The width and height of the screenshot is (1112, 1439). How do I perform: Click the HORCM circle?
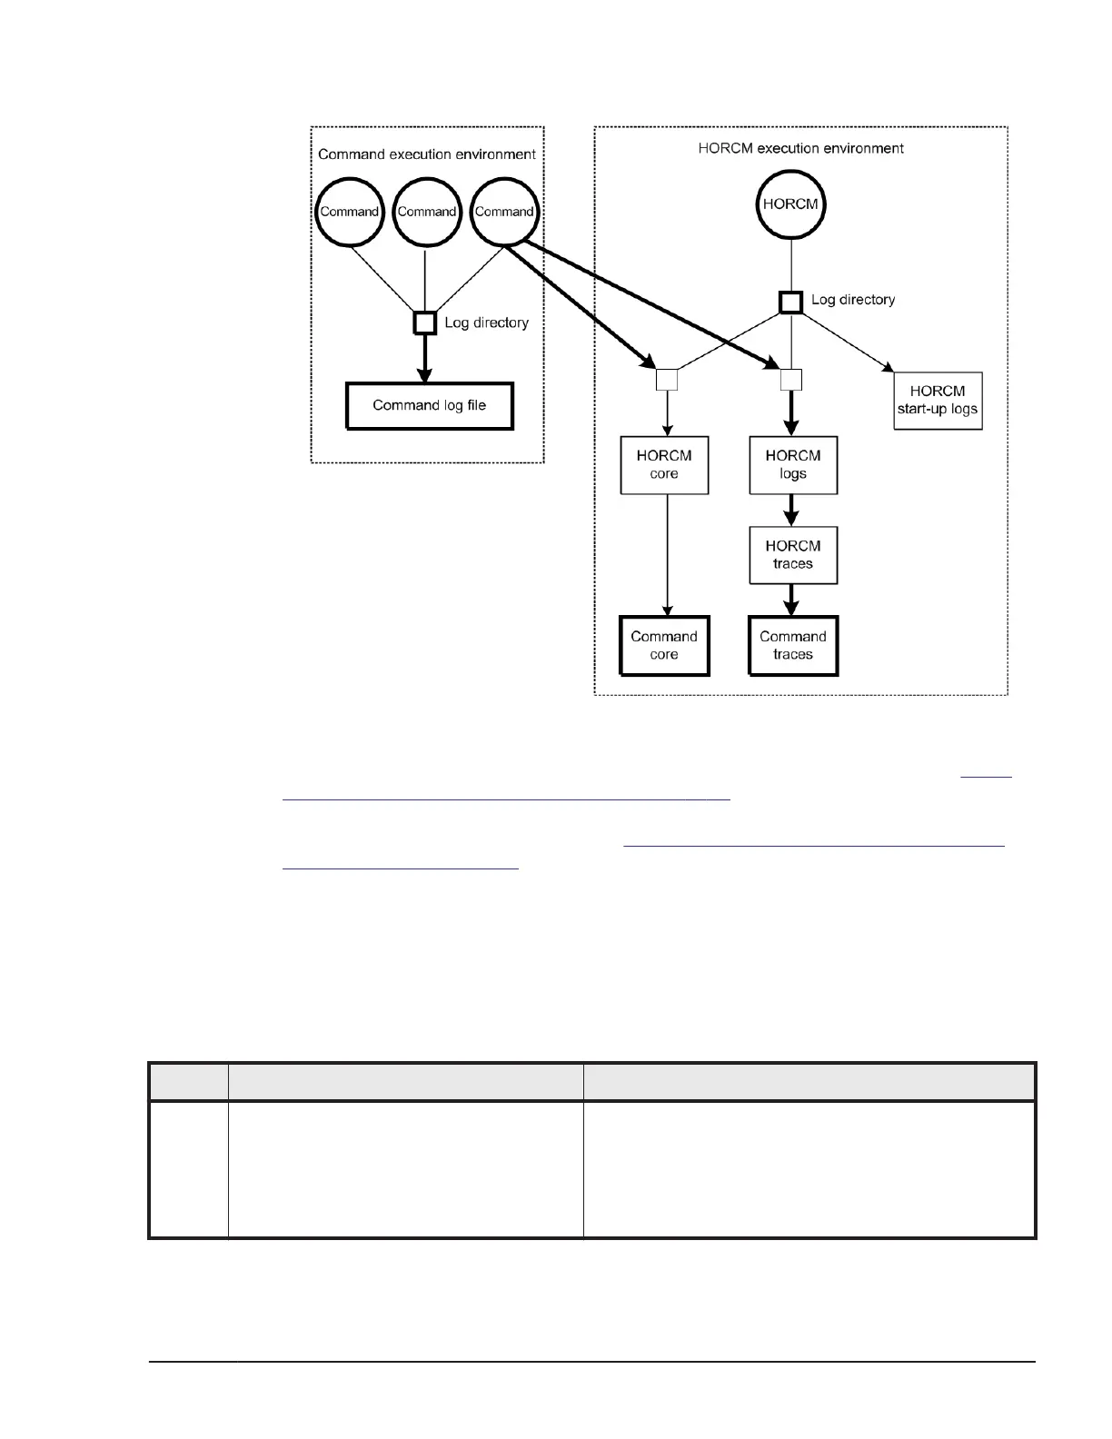[790, 204]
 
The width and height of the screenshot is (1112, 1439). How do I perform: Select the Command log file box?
[430, 406]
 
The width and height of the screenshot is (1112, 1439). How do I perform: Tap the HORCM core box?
[664, 465]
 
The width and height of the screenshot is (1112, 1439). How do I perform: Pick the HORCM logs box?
[793, 465]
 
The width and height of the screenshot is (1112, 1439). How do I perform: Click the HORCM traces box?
[793, 555]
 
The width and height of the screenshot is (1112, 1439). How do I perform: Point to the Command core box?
[664, 646]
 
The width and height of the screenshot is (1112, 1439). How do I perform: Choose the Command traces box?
[793, 646]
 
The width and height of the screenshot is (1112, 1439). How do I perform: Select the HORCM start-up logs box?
[938, 401]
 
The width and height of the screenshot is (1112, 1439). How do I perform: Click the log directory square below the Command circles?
[425, 323]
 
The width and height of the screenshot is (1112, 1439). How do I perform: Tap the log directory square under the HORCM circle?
[790, 301]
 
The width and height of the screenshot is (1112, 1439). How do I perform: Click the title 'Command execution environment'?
[427, 154]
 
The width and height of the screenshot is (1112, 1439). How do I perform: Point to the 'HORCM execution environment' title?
[800, 148]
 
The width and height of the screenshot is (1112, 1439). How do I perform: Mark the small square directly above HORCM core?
[667, 380]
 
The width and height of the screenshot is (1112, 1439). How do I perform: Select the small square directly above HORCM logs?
[791, 380]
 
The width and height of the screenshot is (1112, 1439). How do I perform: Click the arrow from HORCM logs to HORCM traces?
[792, 510]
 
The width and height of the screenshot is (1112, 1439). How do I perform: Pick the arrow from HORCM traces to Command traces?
[792, 600]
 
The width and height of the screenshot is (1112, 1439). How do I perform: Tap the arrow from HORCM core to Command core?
[668, 555]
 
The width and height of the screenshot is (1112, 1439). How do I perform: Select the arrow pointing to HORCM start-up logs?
[845, 342]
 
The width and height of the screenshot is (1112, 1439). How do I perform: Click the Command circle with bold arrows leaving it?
[504, 212]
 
